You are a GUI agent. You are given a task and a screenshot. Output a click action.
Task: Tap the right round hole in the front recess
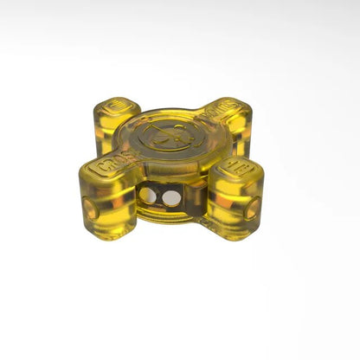pyautogui.click(x=171, y=198)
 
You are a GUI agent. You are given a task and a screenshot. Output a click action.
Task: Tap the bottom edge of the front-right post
pyautogui.click(x=231, y=235)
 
